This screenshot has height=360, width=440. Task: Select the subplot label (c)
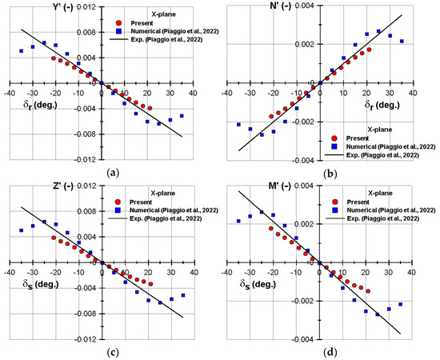(x=111, y=351)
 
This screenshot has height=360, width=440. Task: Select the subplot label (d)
(x=330, y=351)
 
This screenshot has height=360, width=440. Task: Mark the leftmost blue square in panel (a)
(x=22, y=51)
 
